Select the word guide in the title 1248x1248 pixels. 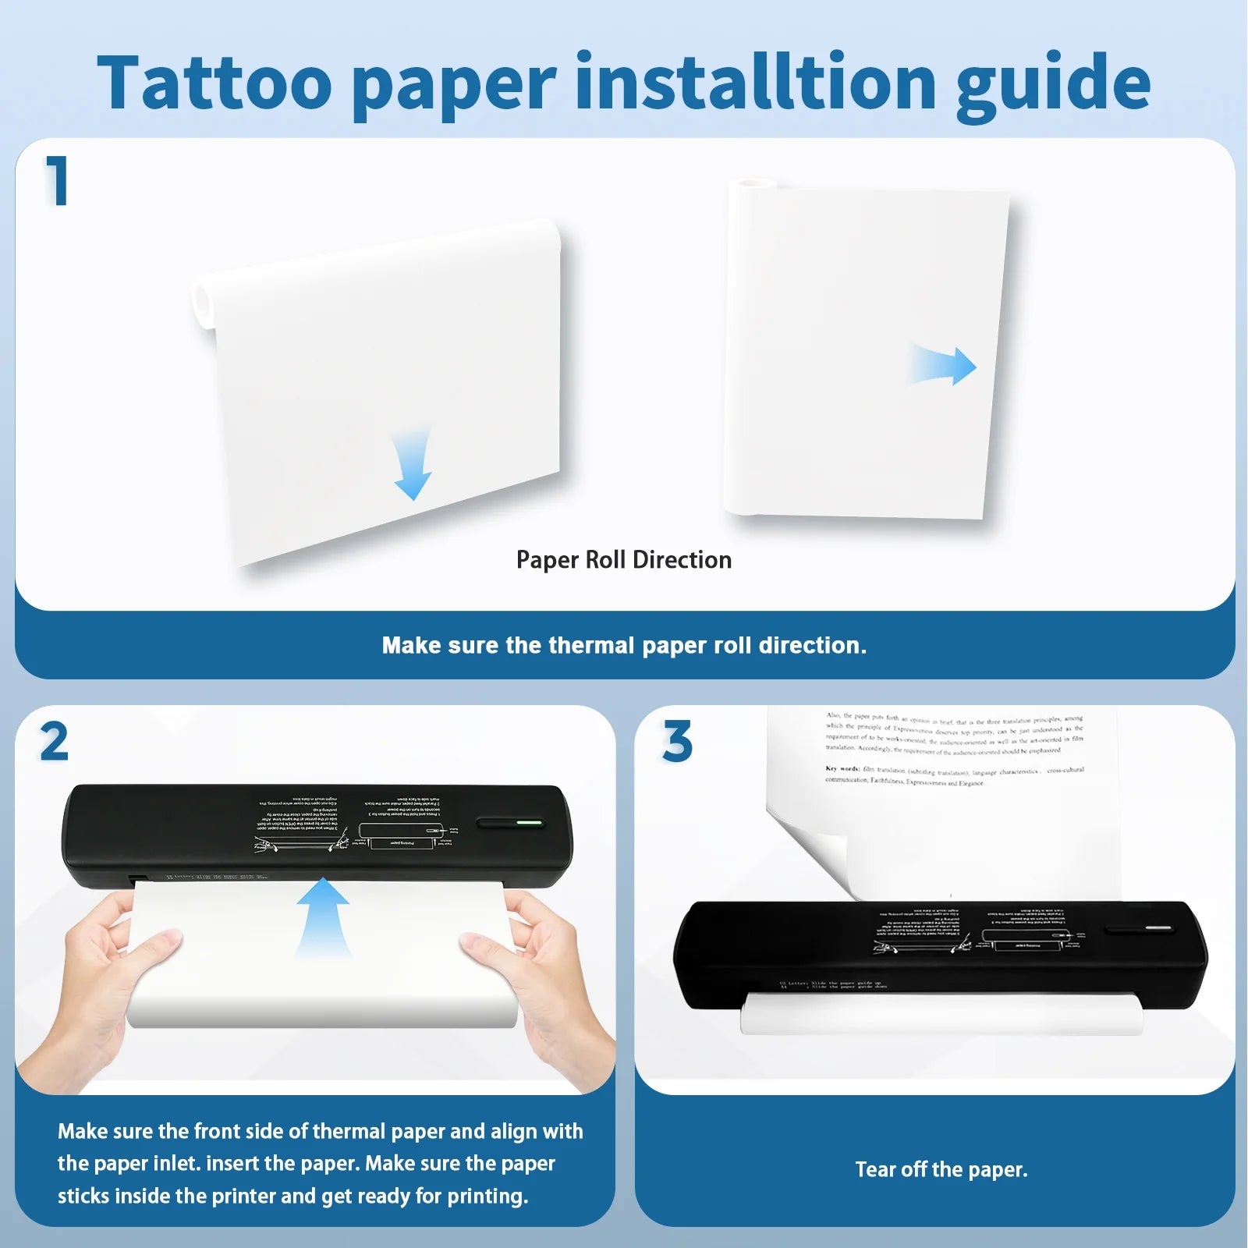tap(1053, 84)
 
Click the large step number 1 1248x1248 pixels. tap(56, 181)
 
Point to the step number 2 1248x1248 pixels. tap(54, 742)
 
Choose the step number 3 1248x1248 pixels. tap(677, 742)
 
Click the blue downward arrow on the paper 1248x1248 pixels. tap(413, 463)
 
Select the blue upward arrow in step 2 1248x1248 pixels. tap(322, 916)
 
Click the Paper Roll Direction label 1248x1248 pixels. tap(623, 560)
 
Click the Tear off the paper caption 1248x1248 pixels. tap(941, 1169)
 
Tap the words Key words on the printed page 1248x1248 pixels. tap(842, 769)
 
